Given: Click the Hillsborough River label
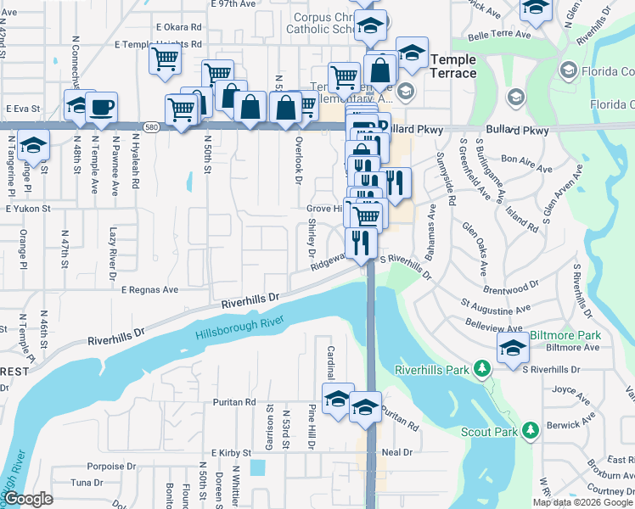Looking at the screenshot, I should tap(239, 327).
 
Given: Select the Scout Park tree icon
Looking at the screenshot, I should tap(531, 431).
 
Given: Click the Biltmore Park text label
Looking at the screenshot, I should tap(565, 335).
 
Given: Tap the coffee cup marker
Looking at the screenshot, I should tap(102, 107).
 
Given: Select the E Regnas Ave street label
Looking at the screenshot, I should tap(149, 289).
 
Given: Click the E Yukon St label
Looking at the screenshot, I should tap(28, 207).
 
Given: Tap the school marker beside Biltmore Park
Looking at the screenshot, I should tap(513, 349).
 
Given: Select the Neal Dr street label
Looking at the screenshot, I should tap(396, 452).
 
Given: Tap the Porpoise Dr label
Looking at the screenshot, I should tap(111, 467).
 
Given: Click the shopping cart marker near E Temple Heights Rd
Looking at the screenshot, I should tap(164, 59).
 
